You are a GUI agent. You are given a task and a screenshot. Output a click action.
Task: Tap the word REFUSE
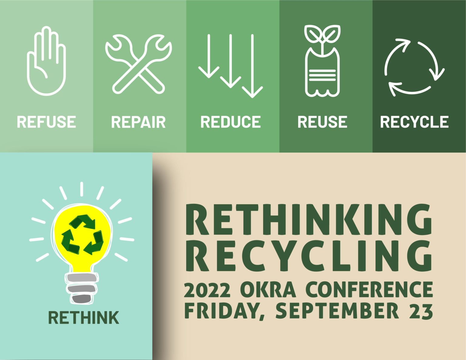(46, 122)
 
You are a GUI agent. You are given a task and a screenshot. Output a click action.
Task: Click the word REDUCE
(231, 122)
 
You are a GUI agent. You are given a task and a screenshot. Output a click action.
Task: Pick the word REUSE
(322, 122)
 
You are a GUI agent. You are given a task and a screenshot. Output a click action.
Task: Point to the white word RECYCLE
(414, 122)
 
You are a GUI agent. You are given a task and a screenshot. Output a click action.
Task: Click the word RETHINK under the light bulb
(84, 318)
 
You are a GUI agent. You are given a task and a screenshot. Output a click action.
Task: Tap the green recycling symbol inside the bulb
(82, 234)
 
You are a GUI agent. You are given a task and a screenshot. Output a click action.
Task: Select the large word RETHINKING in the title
(308, 220)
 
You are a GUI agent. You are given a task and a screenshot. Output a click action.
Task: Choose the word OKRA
(268, 290)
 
